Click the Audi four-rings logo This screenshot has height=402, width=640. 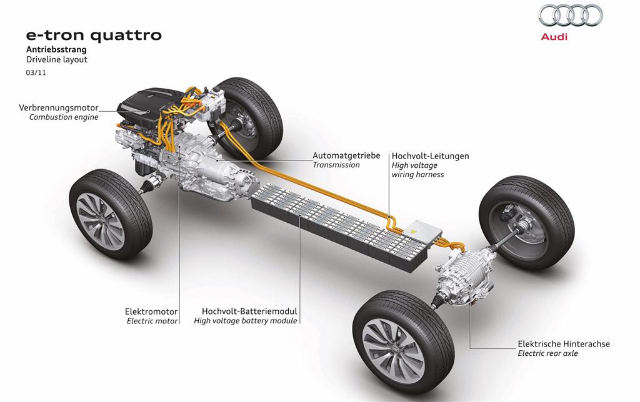click(x=571, y=16)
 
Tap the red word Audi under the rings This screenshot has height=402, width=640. click(x=554, y=37)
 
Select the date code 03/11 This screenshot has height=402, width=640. click(x=34, y=73)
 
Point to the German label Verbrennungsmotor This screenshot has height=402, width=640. click(x=59, y=107)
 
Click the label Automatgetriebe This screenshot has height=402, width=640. click(x=346, y=155)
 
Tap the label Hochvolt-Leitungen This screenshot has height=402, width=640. click(x=430, y=155)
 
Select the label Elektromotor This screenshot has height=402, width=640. click(x=152, y=311)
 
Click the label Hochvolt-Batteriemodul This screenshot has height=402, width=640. click(x=249, y=311)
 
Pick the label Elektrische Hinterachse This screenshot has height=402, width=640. click(x=563, y=343)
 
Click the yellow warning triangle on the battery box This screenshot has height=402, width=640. click(x=414, y=231)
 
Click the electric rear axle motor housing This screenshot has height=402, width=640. click(x=466, y=275)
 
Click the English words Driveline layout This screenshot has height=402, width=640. click(x=56, y=60)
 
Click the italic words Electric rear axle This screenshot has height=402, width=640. click(x=547, y=353)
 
